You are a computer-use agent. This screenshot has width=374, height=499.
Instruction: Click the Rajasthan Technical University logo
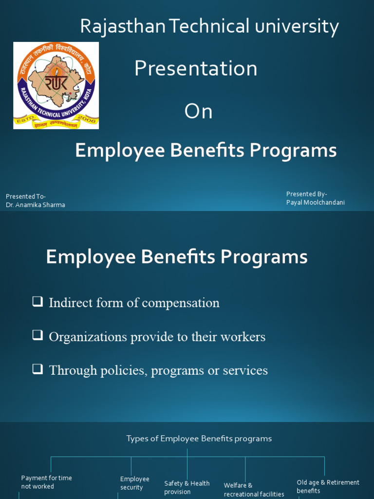(56, 85)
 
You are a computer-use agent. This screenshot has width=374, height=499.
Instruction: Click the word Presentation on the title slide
(196, 69)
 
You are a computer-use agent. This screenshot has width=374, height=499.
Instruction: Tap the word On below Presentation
(198, 112)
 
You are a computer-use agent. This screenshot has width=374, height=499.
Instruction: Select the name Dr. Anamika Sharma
(36, 205)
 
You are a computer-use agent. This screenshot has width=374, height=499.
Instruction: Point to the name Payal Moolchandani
(315, 202)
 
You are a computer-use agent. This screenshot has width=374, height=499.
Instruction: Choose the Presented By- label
(306, 194)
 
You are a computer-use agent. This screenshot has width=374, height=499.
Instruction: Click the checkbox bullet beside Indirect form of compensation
(37, 302)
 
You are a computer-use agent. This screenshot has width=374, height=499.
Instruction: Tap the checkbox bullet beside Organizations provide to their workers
(37, 335)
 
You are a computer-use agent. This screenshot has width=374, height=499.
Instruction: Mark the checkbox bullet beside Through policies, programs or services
(37, 369)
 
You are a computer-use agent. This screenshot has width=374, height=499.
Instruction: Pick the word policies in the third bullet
(123, 370)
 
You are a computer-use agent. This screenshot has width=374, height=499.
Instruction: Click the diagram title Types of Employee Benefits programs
(199, 439)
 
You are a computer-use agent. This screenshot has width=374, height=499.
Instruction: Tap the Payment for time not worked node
(46, 482)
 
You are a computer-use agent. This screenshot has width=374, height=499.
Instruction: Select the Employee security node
(134, 483)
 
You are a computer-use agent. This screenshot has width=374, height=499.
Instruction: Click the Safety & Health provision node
(187, 487)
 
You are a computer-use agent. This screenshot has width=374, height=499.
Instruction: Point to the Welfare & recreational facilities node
(254, 490)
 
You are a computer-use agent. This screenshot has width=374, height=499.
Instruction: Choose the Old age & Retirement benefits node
(328, 486)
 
